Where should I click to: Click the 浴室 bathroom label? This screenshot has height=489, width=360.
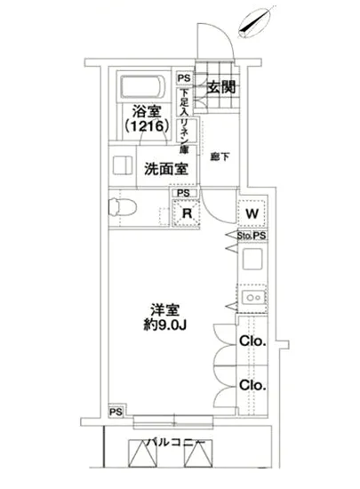pyautogui.click(x=148, y=113)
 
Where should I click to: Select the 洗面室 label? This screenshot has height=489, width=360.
pyautogui.click(x=165, y=169)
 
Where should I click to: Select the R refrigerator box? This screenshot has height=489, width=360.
pyautogui.click(x=187, y=212)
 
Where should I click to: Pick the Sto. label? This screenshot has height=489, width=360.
pyautogui.click(x=244, y=236)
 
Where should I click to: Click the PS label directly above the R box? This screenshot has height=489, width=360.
pyautogui.click(x=182, y=193)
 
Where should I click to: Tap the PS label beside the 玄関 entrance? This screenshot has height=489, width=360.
pyautogui.click(x=183, y=78)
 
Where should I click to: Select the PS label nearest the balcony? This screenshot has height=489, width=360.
pyautogui.click(x=116, y=412)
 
